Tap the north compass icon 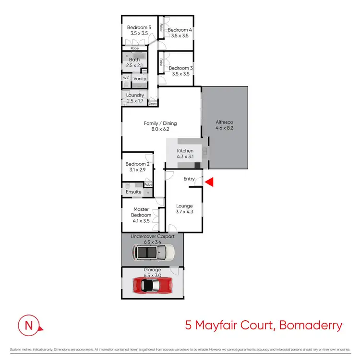(29, 326)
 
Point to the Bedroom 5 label (139, 31)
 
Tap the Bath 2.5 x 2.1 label (134, 62)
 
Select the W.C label (126, 78)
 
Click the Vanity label (140, 79)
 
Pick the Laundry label (135, 98)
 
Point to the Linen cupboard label (153, 103)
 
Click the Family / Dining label (160, 126)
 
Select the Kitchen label (185, 154)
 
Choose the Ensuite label (133, 192)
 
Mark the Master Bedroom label (141, 212)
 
